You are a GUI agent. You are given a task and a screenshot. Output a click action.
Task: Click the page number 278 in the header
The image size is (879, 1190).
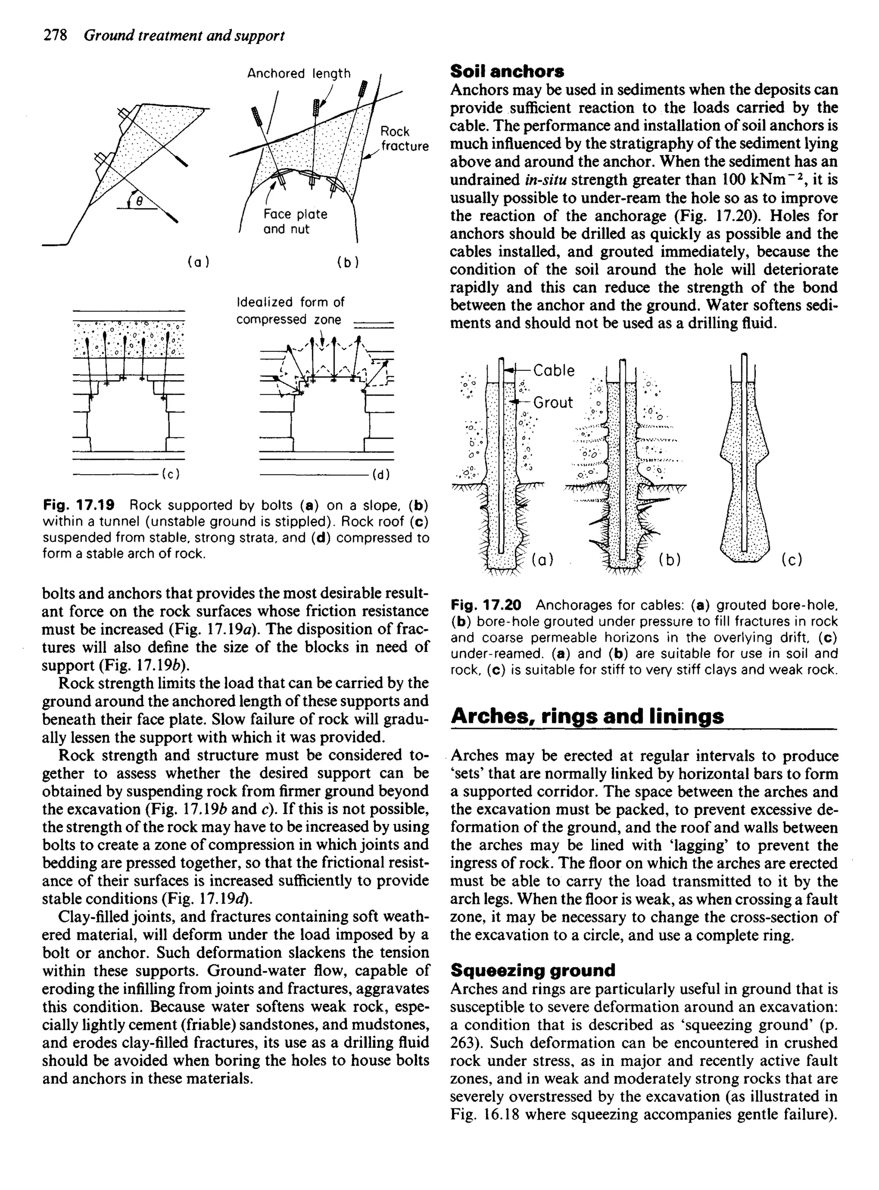pos(55,36)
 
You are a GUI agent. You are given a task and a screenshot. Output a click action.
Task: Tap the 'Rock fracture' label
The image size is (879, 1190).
pos(404,138)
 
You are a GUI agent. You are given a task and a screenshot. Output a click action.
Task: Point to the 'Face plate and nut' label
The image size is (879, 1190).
pos(295,222)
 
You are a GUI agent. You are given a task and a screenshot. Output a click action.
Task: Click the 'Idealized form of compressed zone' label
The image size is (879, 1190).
pos(290,311)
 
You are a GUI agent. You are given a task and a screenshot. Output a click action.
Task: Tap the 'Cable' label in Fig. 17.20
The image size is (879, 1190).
pos(553,371)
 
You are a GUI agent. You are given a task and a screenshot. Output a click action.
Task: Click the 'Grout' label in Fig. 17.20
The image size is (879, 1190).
pos(553,403)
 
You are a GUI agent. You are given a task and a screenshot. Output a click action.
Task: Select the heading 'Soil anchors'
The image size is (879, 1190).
pos(507,71)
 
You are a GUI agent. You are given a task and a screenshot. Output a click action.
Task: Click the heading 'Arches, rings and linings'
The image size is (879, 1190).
pos(587,716)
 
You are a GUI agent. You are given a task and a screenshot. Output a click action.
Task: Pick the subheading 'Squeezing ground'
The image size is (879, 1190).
pos(533,970)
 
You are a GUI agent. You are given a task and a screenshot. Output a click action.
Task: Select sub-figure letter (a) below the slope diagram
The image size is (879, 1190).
pos(199,262)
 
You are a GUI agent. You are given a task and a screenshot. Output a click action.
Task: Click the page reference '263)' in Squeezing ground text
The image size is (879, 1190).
pos(464,1043)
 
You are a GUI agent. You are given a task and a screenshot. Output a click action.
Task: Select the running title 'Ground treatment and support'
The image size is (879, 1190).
pos(184,36)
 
